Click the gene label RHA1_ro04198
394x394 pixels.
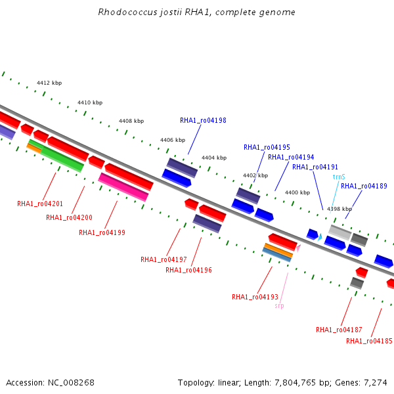point(203,121)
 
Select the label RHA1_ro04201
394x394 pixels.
point(40,204)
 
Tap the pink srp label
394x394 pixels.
point(280,306)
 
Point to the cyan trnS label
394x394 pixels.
point(339,177)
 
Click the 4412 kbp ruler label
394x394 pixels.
point(49,83)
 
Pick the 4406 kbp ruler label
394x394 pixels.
point(173,140)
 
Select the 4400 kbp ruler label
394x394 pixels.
point(297,192)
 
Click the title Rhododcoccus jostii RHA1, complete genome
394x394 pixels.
point(197,12)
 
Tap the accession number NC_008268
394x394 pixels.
point(71,383)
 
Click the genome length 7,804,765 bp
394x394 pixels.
point(299,383)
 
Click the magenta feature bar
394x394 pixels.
point(123,187)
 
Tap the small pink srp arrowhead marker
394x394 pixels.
point(298,248)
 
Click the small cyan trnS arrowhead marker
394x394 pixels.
point(320,237)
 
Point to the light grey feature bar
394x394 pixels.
point(340,232)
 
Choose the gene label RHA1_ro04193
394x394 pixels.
point(255,297)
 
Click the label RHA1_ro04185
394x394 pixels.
point(369,341)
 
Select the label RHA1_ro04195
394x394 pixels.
point(267,147)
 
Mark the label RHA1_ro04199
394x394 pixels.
point(102,232)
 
